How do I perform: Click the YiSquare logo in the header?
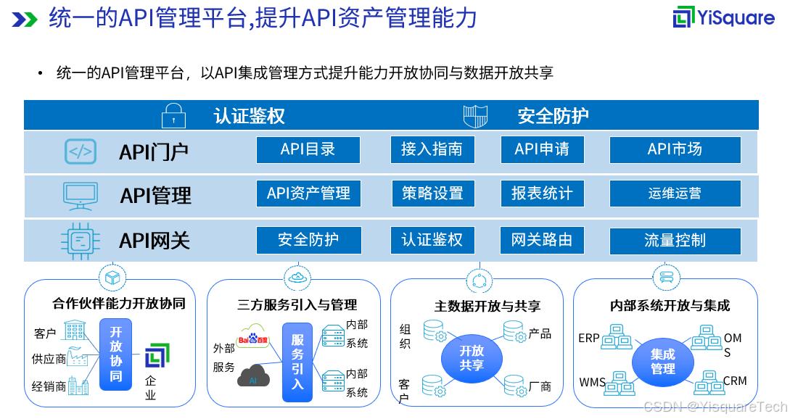(x=723, y=18)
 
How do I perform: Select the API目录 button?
(x=308, y=149)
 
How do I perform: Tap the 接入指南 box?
(x=432, y=149)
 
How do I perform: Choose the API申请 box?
(x=542, y=149)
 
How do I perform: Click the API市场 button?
(x=675, y=149)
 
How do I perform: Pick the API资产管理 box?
(x=308, y=194)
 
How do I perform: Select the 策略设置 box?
(x=432, y=194)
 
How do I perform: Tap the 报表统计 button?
(x=542, y=194)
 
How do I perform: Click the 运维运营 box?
(x=675, y=194)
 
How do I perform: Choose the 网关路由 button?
(x=542, y=240)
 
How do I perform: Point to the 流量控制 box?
(x=675, y=241)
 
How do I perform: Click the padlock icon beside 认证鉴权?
(x=173, y=115)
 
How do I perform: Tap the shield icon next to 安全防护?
(x=476, y=115)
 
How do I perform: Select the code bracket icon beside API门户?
(x=81, y=152)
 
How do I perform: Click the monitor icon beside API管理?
(x=81, y=195)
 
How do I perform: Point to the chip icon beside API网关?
(x=81, y=240)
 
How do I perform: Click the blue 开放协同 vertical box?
(x=116, y=354)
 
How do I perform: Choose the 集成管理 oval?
(x=662, y=361)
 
